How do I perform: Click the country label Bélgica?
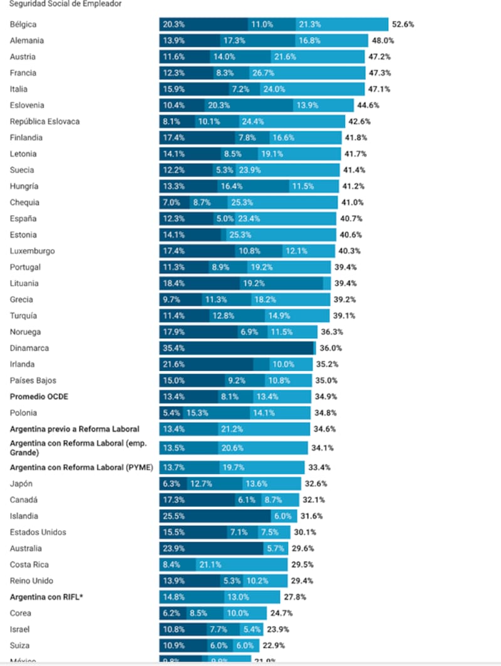coord(23,24)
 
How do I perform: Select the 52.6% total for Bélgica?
coord(403,24)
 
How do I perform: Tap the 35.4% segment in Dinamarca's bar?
coord(236,348)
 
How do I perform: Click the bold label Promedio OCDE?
coord(39,396)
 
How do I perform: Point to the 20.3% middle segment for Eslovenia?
coord(248,105)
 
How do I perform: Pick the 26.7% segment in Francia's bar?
coord(306,73)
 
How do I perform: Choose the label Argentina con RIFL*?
coord(46,597)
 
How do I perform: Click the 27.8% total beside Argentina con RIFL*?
coord(295,597)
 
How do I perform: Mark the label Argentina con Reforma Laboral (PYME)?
coord(81,467)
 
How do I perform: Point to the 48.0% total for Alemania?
coord(383,41)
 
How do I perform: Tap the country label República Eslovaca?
coord(44,121)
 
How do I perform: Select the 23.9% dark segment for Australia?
coord(210,548)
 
